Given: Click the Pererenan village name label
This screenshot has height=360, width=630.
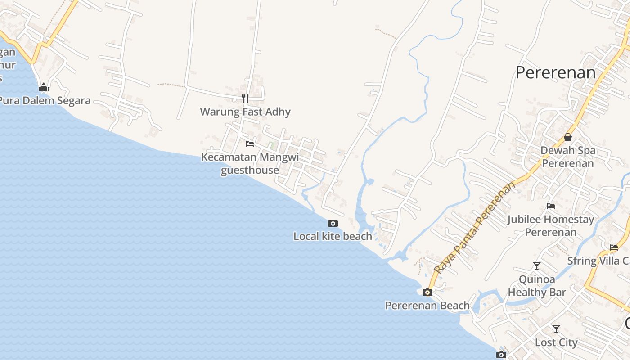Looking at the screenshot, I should pyautogui.click(x=555, y=72).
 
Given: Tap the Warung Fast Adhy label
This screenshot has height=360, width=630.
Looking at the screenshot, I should pyautogui.click(x=245, y=112).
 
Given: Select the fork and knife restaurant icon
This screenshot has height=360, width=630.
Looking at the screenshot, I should pyautogui.click(x=245, y=98).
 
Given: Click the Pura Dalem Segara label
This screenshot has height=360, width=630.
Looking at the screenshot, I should pyautogui.click(x=45, y=100).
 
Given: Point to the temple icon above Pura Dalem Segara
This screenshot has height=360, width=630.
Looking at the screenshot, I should pyautogui.click(x=44, y=87).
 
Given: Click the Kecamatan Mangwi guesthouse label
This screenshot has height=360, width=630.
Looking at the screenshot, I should pyautogui.click(x=250, y=164).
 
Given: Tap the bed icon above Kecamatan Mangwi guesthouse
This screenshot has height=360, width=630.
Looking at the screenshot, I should pyautogui.click(x=250, y=144).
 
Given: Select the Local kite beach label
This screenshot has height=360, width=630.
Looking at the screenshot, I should pyautogui.click(x=333, y=236).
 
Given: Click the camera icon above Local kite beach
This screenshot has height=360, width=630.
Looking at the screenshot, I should pyautogui.click(x=333, y=223).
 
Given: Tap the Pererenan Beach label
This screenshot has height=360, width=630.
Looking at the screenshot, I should pyautogui.click(x=427, y=306).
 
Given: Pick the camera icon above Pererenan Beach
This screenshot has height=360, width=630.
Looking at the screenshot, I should pyautogui.click(x=427, y=292).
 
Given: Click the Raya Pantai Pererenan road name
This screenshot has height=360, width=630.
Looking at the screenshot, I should pyautogui.click(x=474, y=228).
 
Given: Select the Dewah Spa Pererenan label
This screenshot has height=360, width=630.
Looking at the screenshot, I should pyautogui.click(x=568, y=157).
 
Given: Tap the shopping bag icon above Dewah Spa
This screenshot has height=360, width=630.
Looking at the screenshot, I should pyautogui.click(x=568, y=137).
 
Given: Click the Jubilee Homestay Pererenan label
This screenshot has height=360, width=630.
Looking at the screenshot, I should pyautogui.click(x=551, y=226).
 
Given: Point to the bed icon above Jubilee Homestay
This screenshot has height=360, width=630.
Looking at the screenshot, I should pyautogui.click(x=551, y=206).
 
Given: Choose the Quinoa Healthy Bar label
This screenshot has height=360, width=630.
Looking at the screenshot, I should pyautogui.click(x=537, y=286).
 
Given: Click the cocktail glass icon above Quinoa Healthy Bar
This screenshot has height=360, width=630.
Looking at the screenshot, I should pyautogui.click(x=537, y=266).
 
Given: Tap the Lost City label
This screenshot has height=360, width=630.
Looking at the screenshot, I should pyautogui.click(x=556, y=342).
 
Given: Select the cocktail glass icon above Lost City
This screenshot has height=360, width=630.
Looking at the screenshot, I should pyautogui.click(x=556, y=329).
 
